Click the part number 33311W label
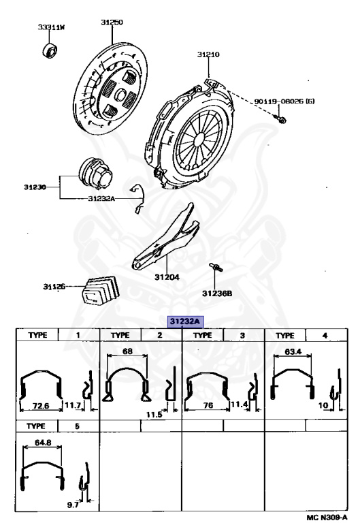[x=51, y=27]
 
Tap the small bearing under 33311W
[x=50, y=50]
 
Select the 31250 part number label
[x=112, y=22]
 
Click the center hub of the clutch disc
[x=120, y=95]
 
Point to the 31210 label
[x=208, y=54]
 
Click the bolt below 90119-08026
[x=279, y=118]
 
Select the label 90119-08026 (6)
[x=284, y=101]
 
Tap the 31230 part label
[x=35, y=187]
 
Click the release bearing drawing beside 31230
[x=95, y=174]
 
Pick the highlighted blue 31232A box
[x=185, y=321]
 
